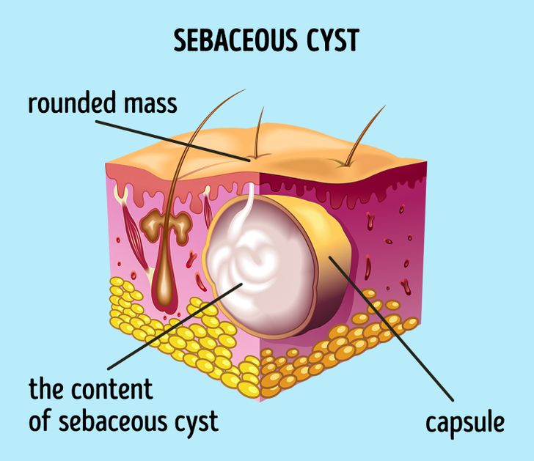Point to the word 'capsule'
pyautogui.click(x=465, y=422)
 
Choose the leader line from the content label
pyautogui.click(x=169, y=330)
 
